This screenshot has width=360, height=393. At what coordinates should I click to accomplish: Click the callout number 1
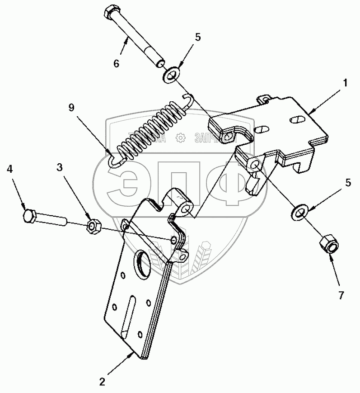pyautogui.click(x=345, y=83)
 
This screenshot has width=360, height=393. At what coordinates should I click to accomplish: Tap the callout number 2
pyautogui.click(x=103, y=381)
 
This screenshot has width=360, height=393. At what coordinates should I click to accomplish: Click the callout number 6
pyautogui.click(x=117, y=64)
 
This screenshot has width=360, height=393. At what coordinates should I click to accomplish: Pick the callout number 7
pyautogui.click(x=341, y=296)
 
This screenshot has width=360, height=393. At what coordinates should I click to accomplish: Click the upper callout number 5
pyautogui.click(x=197, y=38)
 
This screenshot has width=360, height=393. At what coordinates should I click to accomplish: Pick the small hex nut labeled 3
pyautogui.click(x=94, y=225)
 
